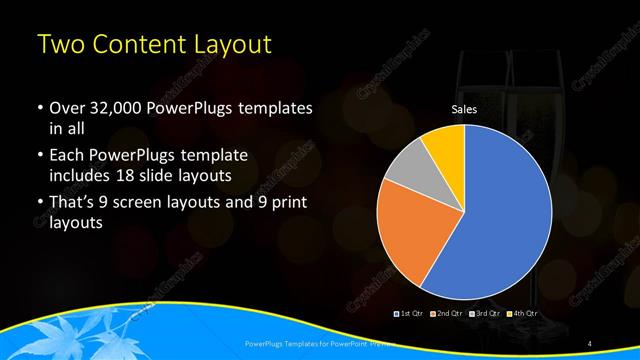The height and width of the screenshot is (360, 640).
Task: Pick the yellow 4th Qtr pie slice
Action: point(444,146)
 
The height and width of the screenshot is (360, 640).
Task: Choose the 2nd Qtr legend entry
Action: point(446,313)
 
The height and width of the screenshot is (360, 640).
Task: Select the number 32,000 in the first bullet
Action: point(109,107)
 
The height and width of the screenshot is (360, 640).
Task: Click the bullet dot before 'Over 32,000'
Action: point(38,108)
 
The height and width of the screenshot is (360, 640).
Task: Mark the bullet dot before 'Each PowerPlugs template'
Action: point(38,157)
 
